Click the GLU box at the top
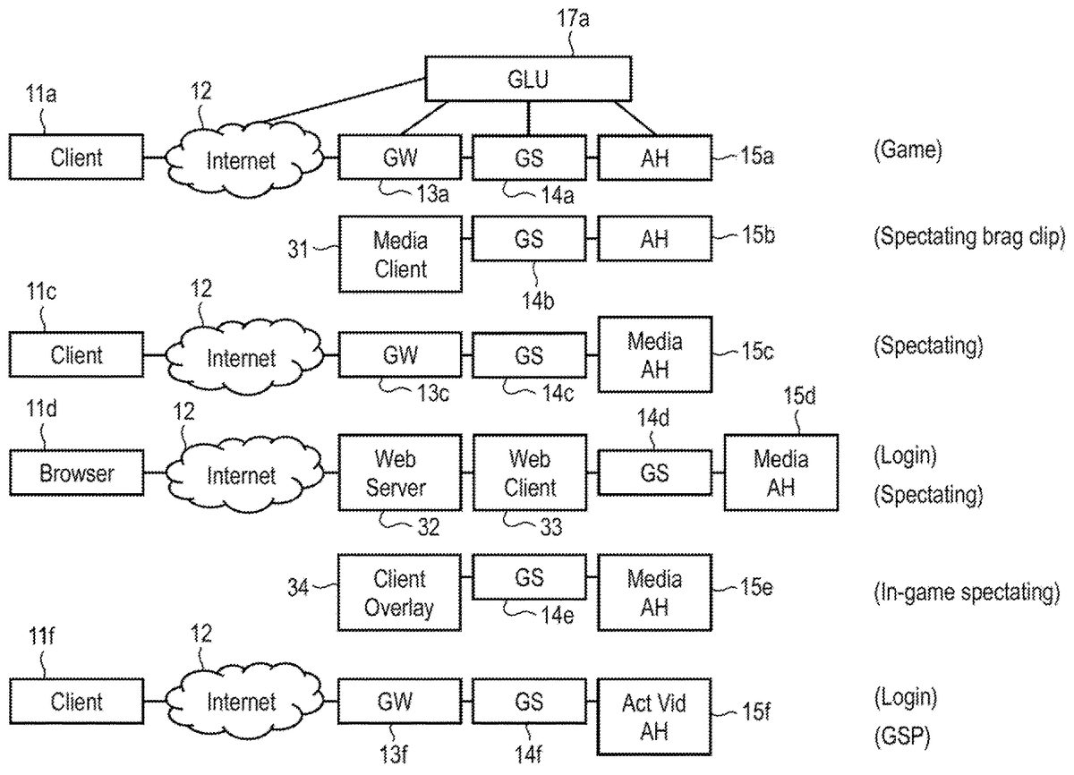click(x=528, y=79)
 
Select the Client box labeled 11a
click(x=76, y=158)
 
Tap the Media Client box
click(x=400, y=254)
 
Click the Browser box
click(x=76, y=473)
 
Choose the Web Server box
click(x=400, y=473)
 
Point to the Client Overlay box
click(x=400, y=593)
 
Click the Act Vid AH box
click(x=654, y=716)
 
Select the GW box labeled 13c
click(x=400, y=355)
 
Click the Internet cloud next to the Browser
click(x=240, y=474)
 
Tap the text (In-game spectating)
click(x=967, y=592)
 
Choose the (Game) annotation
click(x=908, y=150)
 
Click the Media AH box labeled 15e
click(x=654, y=593)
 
